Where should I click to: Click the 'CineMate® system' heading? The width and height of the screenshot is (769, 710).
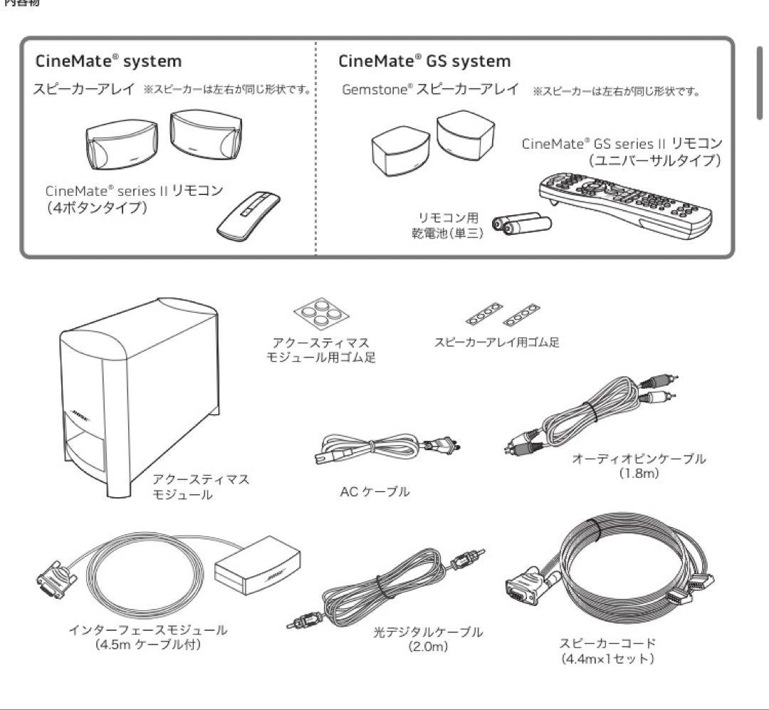109,61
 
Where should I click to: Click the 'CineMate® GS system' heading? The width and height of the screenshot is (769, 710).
424,61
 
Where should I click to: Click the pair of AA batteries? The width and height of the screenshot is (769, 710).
525,224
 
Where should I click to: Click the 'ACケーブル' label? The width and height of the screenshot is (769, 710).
375,492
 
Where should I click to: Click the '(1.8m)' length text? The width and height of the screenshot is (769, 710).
639,474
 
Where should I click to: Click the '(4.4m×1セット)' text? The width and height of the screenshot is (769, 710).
607,659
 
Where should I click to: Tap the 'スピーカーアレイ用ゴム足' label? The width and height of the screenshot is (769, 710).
496,343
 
